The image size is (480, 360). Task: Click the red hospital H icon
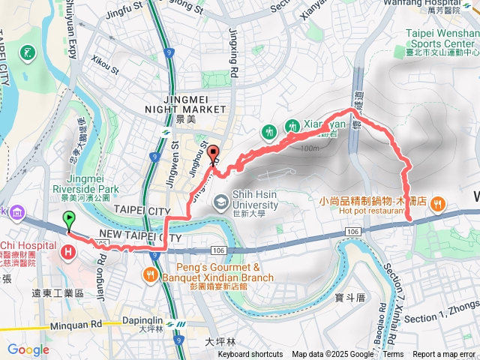70,252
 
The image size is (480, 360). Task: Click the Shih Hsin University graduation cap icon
221,200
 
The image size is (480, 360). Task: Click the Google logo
28,349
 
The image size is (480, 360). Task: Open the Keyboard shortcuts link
250,355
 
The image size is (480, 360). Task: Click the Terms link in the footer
393,355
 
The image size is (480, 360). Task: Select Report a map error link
445,355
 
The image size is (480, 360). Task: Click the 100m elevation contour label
307,148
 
